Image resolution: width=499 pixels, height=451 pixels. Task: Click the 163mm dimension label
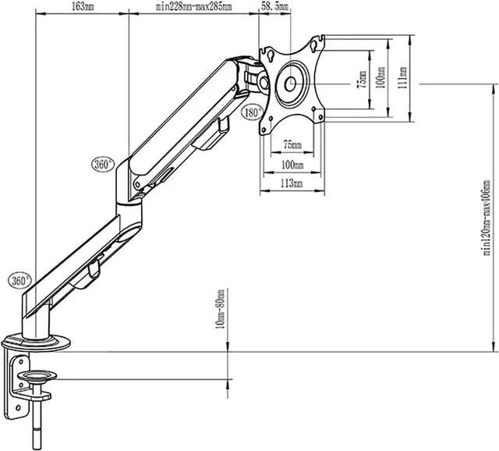click(83, 7)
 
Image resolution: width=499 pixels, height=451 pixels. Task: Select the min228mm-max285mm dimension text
click(194, 7)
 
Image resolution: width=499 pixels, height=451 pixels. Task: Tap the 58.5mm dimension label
click(274, 6)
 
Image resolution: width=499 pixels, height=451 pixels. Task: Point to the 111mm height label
click(402, 78)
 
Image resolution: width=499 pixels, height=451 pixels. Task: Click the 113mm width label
click(292, 183)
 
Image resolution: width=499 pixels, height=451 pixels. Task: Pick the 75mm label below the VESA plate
click(292, 145)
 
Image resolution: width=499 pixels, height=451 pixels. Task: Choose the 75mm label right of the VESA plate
click(362, 80)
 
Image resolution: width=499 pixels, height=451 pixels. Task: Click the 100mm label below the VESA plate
click(292, 165)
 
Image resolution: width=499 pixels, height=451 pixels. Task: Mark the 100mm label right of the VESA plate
click(381, 77)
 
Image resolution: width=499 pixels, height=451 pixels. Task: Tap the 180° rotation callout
click(253, 112)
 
